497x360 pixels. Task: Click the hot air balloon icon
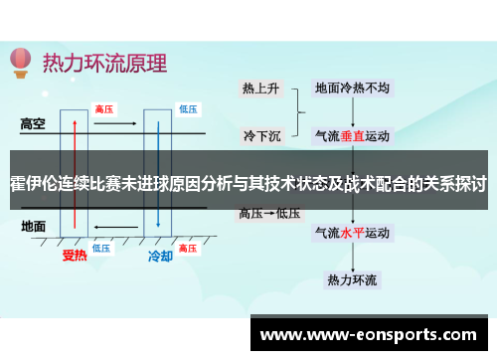point(20,63)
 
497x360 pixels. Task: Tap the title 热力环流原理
point(104,62)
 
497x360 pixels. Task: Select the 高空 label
point(35,125)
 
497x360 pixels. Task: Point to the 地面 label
point(34,227)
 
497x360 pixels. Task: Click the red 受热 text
point(76,257)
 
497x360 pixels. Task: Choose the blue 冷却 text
point(160,257)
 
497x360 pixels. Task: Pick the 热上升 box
point(261,89)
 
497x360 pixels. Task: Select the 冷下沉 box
point(261,134)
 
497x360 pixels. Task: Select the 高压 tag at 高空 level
point(102,107)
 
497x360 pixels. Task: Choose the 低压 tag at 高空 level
point(188,107)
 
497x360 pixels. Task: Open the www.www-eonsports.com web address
point(367,335)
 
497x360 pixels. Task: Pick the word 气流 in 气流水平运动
point(329,235)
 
